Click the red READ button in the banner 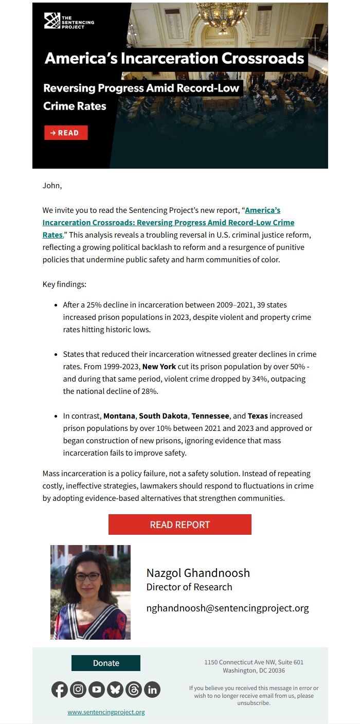pyautogui.click(x=66, y=133)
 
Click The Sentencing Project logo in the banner pyautogui.click(x=69, y=22)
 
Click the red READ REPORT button pyautogui.click(x=179, y=524)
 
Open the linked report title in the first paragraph pyautogui.click(x=168, y=223)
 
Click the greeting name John pyautogui.click(x=52, y=186)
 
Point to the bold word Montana pyautogui.click(x=119, y=415)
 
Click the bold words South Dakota pyautogui.click(x=163, y=415)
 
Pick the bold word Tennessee pyautogui.click(x=210, y=415)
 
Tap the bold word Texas pyautogui.click(x=258, y=415)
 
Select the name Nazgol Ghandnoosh pyautogui.click(x=198, y=573)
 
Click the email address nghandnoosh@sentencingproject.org pyautogui.click(x=227, y=608)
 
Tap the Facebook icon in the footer pyautogui.click(x=60, y=690)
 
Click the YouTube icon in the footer pyautogui.click(x=97, y=690)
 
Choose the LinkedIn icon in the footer pyautogui.click(x=152, y=690)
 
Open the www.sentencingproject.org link pyautogui.click(x=106, y=712)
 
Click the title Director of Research pyautogui.click(x=189, y=587)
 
